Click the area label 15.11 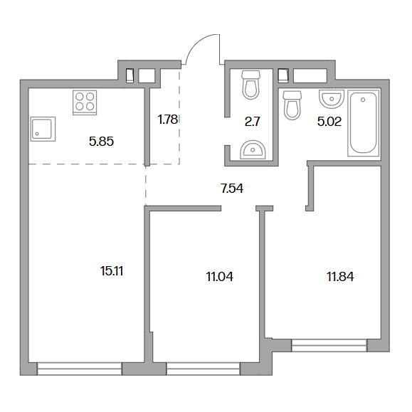click(x=112, y=271)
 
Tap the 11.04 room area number click(x=219, y=277)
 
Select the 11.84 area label click(x=340, y=276)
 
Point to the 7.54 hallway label click(x=232, y=189)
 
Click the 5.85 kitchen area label click(x=101, y=142)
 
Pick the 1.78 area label click(x=168, y=120)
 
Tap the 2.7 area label click(x=252, y=122)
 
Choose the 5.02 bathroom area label click(x=329, y=122)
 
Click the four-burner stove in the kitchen click(x=85, y=102)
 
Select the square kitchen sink click(x=43, y=129)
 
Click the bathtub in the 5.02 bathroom click(x=364, y=123)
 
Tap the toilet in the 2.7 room click(x=251, y=85)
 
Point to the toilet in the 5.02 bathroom click(x=292, y=105)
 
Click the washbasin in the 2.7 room click(x=253, y=149)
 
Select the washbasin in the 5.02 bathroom click(x=332, y=99)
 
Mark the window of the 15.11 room click(x=80, y=369)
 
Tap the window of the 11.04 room click(x=204, y=369)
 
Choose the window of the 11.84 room click(x=329, y=345)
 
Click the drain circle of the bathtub click(x=363, y=100)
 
